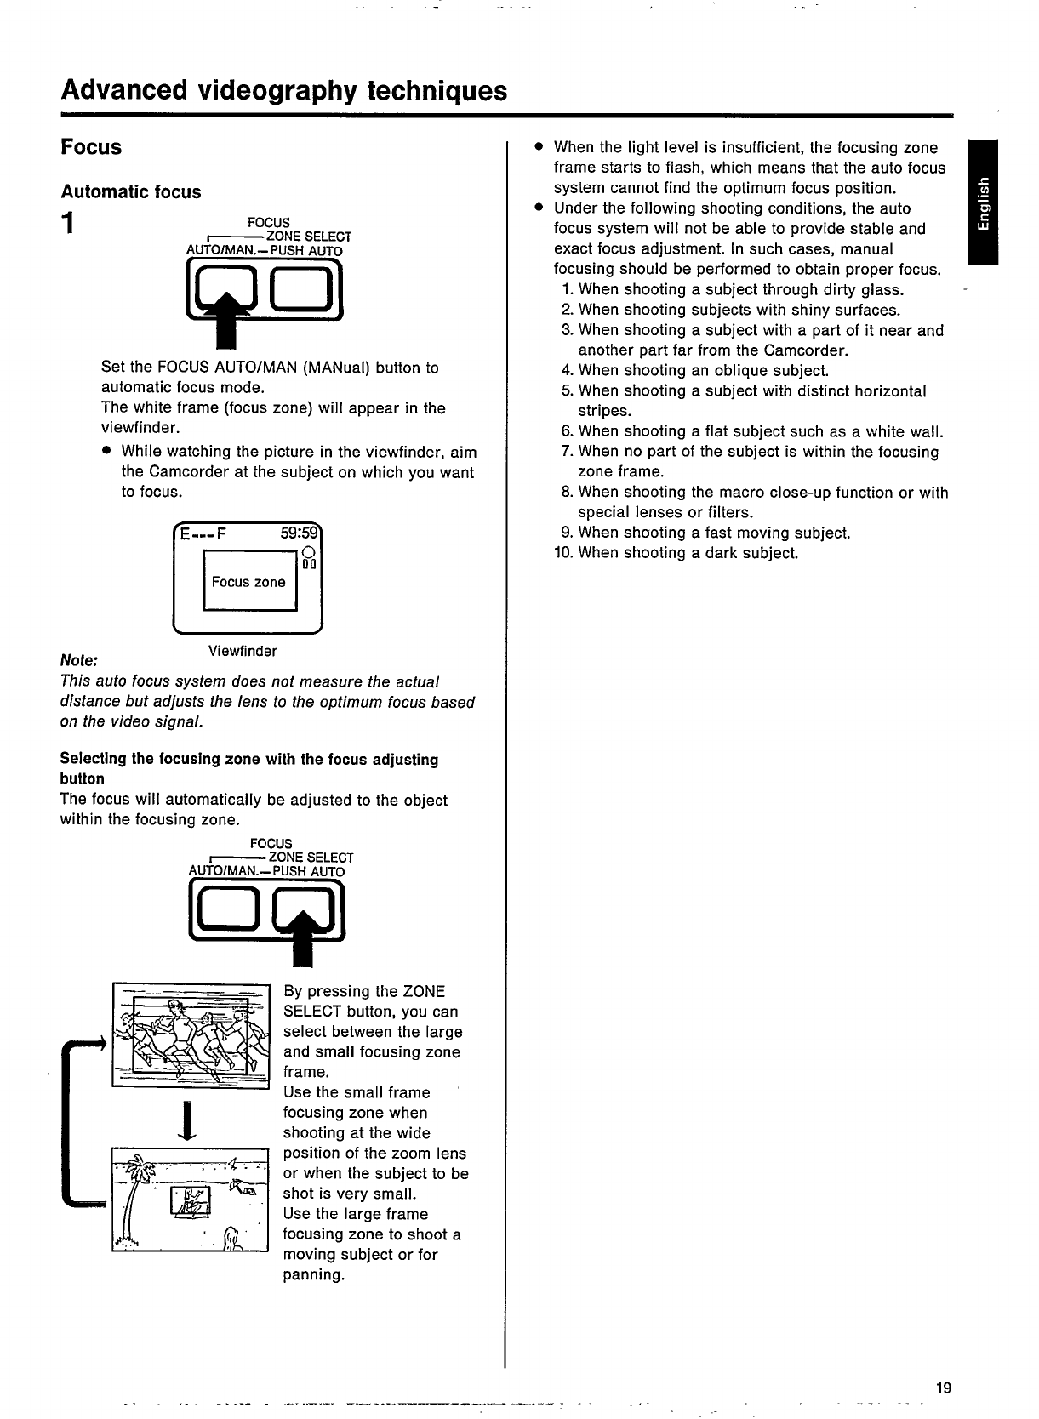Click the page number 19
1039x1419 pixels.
click(x=942, y=1388)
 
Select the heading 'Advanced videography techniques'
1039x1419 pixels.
click(x=283, y=90)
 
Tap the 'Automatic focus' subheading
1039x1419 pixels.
click(x=130, y=191)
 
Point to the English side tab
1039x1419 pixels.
click(x=984, y=202)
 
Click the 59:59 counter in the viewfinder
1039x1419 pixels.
click(x=298, y=534)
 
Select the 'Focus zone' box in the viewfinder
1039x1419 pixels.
click(x=249, y=581)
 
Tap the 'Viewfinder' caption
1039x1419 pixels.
click(x=243, y=652)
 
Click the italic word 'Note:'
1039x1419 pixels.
click(x=79, y=660)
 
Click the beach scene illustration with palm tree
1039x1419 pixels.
click(x=190, y=1200)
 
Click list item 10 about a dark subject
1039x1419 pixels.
click(x=676, y=553)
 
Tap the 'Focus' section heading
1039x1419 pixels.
click(x=91, y=147)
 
